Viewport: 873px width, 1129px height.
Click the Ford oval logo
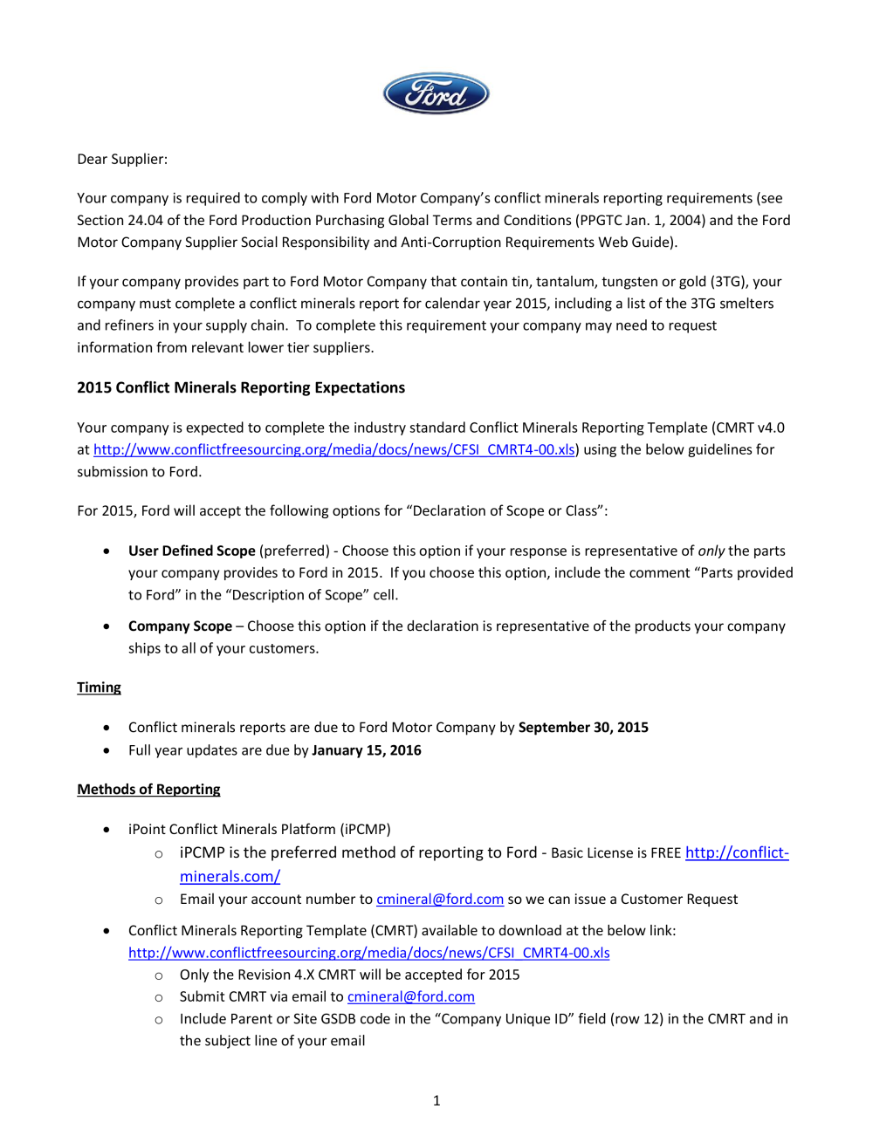click(436, 93)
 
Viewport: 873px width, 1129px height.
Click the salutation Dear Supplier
click(122, 159)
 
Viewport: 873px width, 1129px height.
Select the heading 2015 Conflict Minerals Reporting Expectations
click(241, 387)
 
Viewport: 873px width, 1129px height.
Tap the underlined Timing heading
click(99, 688)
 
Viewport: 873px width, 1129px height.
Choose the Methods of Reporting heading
click(148, 790)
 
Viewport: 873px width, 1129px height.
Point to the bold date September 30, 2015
click(583, 728)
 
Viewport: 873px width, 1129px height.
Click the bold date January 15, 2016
click(367, 750)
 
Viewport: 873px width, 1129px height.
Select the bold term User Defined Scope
click(191, 551)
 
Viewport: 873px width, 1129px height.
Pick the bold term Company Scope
click(180, 626)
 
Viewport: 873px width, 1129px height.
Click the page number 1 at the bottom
click(436, 1101)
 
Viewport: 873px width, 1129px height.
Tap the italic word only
click(711, 551)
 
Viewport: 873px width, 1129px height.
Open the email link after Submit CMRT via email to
click(410, 997)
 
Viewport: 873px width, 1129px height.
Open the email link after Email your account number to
click(439, 900)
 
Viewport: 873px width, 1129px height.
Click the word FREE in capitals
click(665, 853)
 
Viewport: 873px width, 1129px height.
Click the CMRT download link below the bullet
click(368, 953)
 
